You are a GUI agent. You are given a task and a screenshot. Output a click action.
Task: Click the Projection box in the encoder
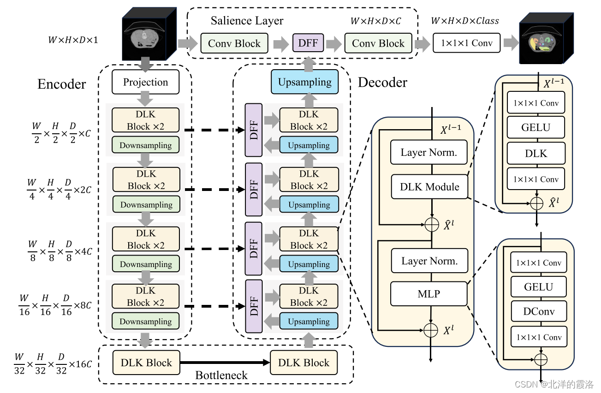145,83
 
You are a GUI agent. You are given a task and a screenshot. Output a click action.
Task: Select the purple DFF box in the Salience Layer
309,43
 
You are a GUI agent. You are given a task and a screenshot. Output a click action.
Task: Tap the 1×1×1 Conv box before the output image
466,43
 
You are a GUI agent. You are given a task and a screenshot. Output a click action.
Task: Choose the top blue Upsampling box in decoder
304,82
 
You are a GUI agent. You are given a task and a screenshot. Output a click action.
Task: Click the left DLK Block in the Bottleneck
146,363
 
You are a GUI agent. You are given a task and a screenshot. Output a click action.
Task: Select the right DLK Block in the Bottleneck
303,363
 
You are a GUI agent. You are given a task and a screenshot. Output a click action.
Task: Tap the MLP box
429,293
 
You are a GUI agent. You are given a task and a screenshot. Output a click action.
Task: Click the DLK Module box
429,187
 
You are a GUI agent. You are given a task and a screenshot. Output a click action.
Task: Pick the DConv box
538,312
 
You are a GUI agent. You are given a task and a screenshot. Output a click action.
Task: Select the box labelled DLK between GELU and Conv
536,153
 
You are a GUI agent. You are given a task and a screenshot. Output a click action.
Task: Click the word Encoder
62,84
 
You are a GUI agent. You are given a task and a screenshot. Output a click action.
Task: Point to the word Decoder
382,83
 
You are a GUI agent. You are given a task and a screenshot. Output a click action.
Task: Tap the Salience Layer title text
247,21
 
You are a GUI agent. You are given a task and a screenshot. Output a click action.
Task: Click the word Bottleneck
221,375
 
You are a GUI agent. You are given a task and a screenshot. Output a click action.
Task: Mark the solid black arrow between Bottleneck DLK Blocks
225,363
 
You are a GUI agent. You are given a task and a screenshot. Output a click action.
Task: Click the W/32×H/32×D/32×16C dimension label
53,364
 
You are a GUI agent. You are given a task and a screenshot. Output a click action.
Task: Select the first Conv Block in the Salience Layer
234,43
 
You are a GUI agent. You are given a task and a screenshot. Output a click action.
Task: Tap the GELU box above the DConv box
538,287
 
